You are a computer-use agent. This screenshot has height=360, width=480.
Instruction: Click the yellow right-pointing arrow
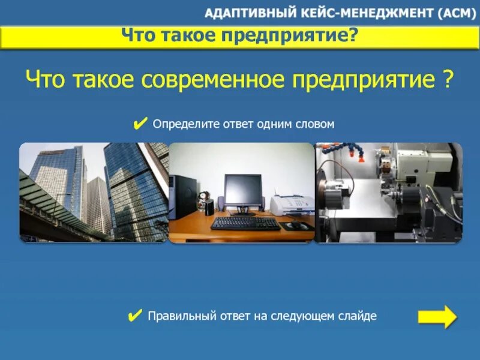437,316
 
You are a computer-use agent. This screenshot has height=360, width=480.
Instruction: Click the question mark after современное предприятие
448,79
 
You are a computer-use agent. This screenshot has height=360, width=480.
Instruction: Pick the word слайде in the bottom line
359,316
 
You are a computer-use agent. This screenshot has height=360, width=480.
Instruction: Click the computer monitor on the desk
243,190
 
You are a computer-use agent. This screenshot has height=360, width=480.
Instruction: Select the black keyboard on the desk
245,223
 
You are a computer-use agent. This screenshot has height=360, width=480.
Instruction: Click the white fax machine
291,204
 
